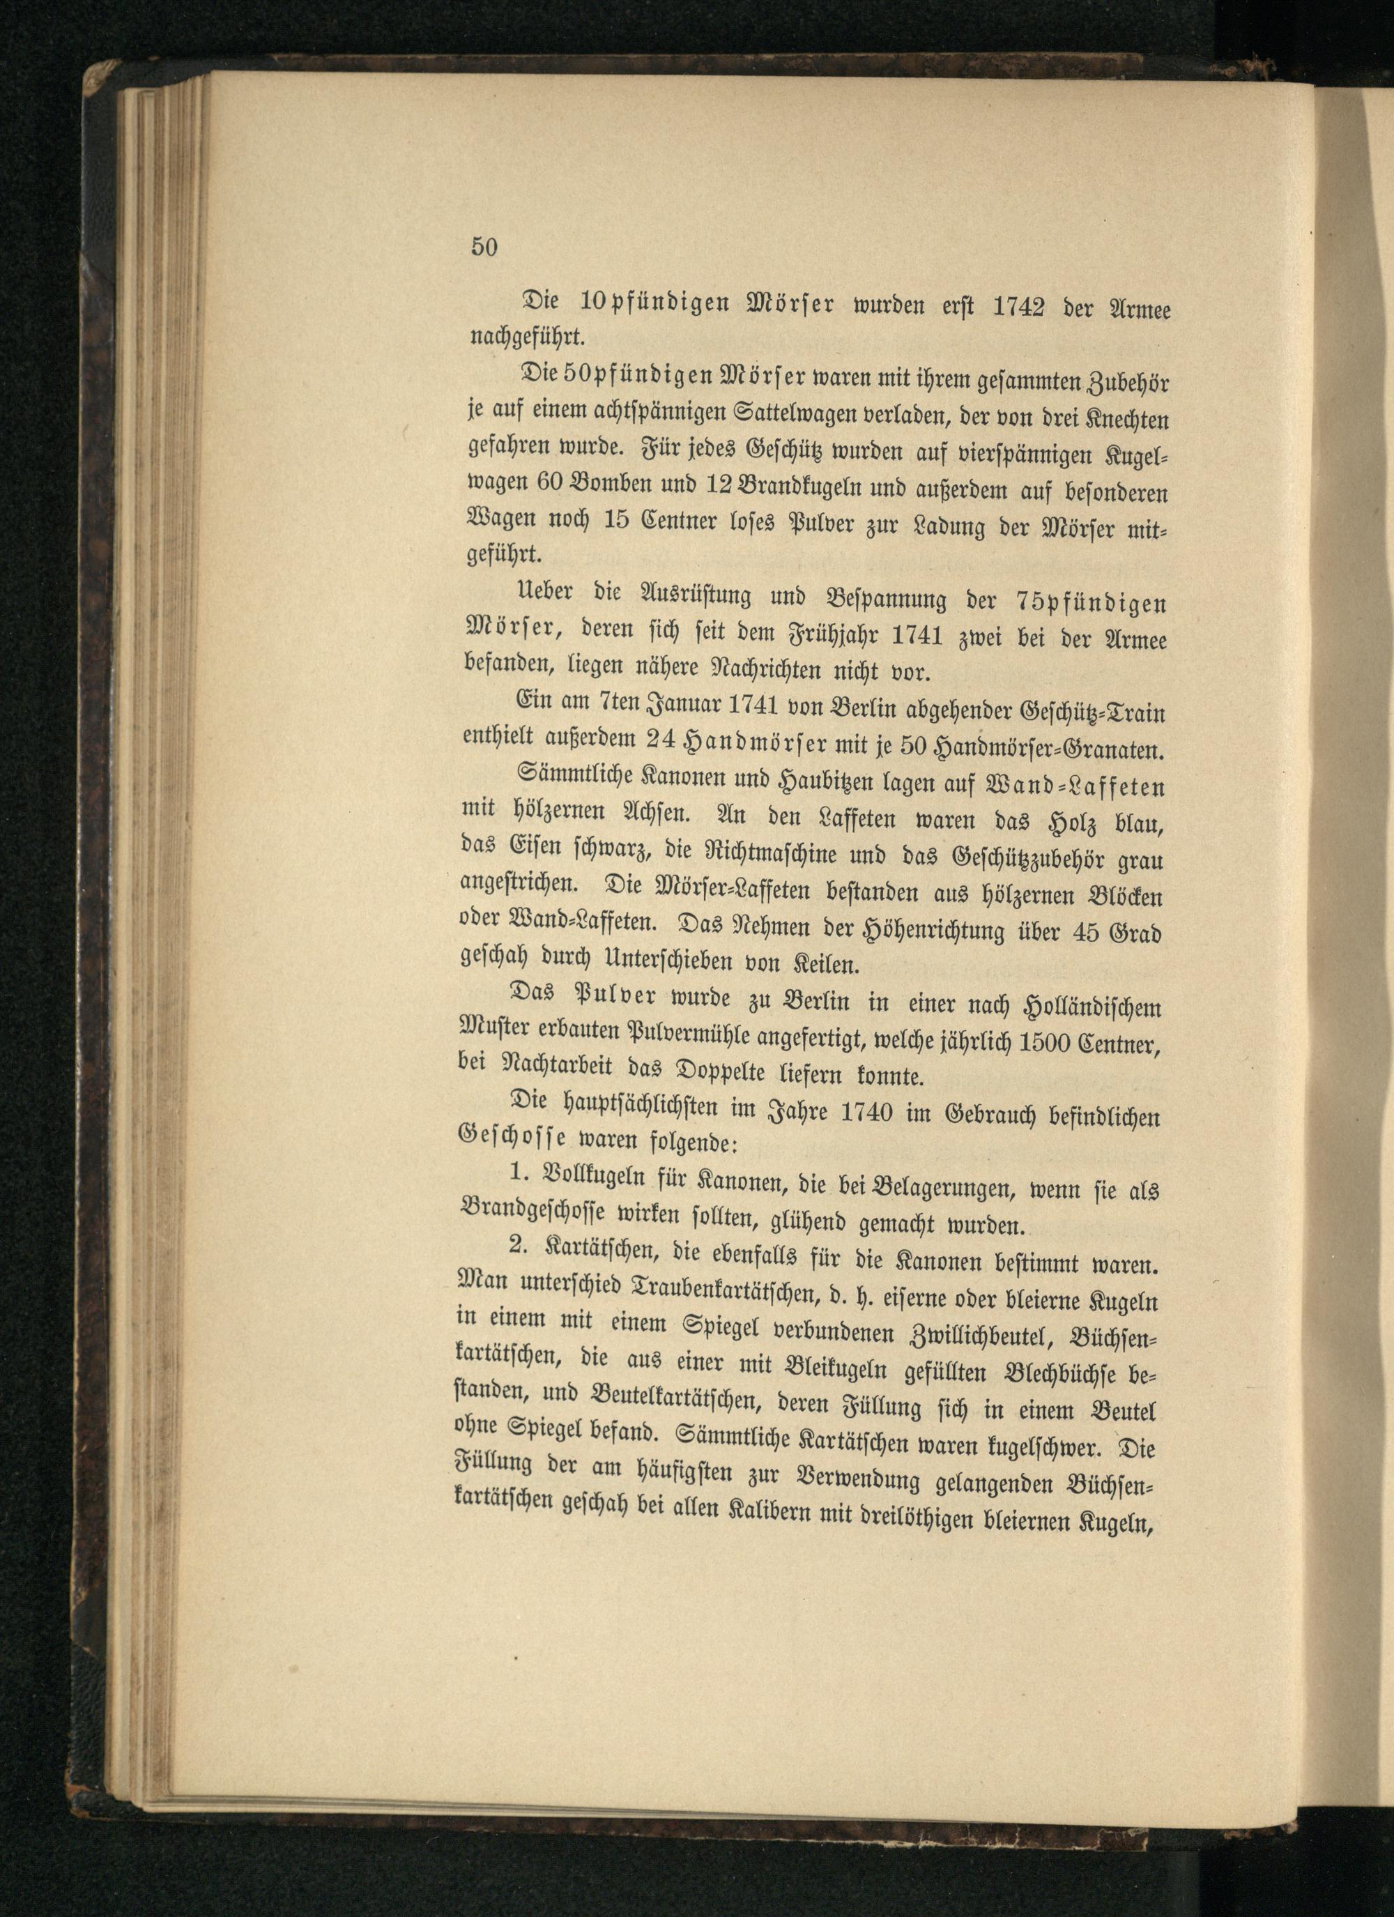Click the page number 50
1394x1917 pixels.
[484, 246]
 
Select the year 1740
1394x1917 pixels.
[866, 1115]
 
